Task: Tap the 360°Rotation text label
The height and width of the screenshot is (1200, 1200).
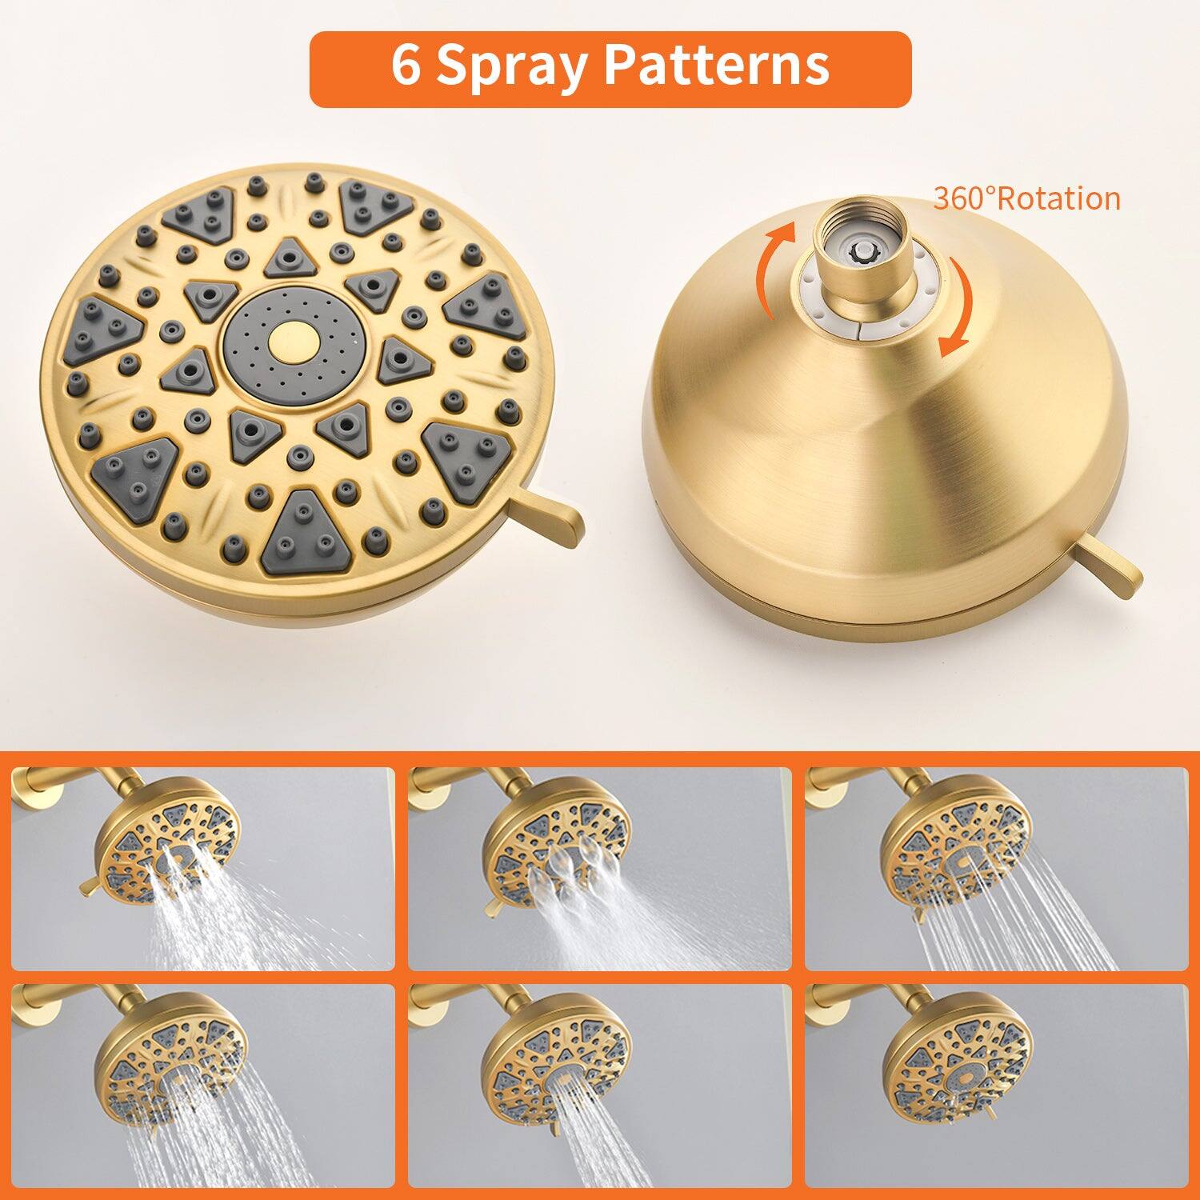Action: click(1026, 198)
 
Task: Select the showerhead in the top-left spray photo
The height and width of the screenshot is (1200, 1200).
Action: click(168, 840)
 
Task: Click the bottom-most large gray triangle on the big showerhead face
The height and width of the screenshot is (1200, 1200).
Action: click(299, 532)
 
